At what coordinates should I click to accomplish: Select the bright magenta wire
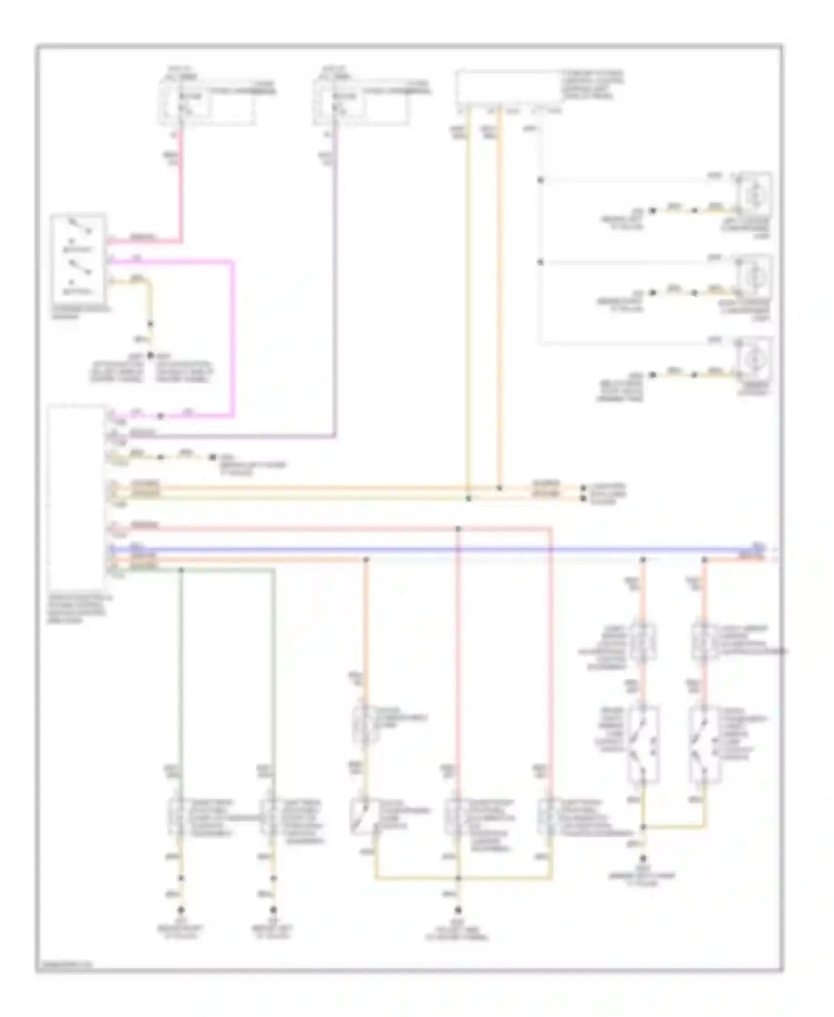click(232, 334)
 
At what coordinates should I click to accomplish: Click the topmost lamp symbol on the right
click(754, 194)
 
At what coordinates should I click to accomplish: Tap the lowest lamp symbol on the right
click(754, 357)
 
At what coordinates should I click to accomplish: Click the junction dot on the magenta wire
click(161, 416)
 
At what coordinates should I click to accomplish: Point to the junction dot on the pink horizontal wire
click(458, 529)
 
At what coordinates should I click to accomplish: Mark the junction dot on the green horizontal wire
click(181, 570)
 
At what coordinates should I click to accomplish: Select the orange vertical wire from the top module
click(499, 300)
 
